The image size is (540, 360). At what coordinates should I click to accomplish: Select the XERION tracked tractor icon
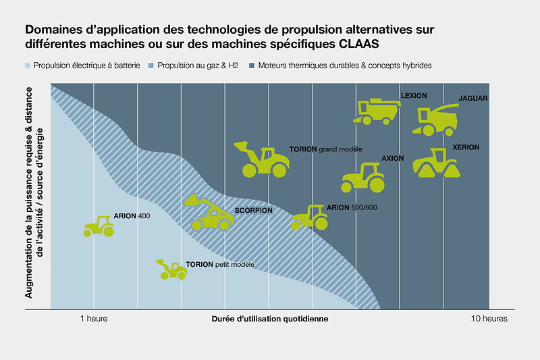click(x=437, y=164)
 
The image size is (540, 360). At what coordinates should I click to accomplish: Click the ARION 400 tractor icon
click(x=99, y=226)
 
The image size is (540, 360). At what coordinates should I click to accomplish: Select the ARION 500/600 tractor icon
click(x=310, y=217)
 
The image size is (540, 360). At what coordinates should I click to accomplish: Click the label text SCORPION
click(x=253, y=211)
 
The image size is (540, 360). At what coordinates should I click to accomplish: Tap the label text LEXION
click(x=414, y=96)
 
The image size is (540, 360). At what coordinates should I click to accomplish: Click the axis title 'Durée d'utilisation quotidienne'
click(x=270, y=319)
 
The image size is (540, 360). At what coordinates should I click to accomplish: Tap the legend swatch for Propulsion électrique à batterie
click(x=28, y=66)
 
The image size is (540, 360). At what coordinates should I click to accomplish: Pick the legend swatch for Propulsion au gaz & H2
click(x=151, y=66)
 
